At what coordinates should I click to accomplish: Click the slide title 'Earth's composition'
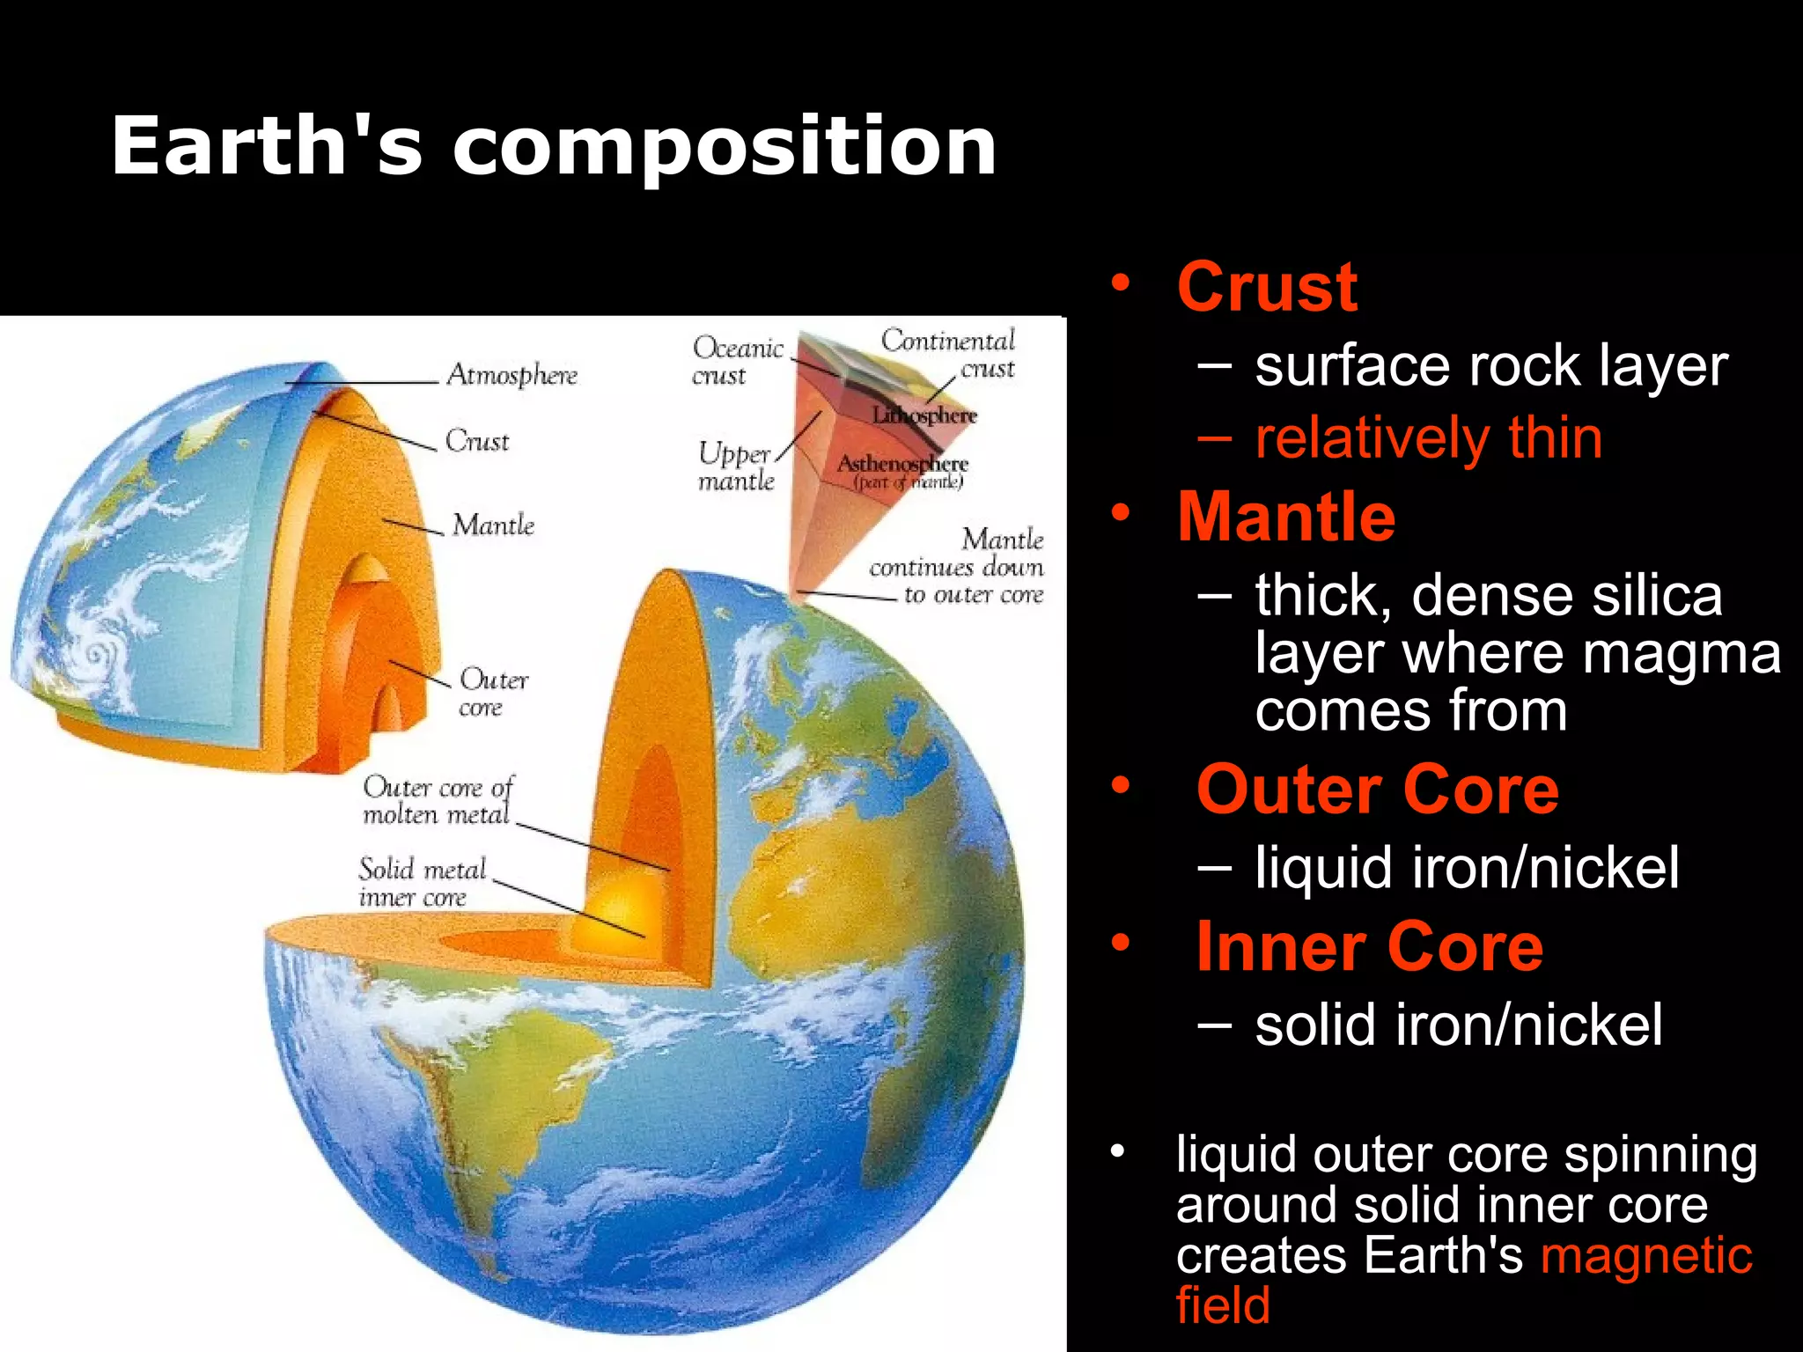click(x=554, y=146)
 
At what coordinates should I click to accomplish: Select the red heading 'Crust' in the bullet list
click(x=1267, y=287)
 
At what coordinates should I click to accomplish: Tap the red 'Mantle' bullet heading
click(x=1286, y=517)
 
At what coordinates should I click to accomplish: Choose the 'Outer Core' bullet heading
click(x=1377, y=790)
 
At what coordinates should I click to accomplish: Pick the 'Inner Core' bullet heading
click(x=1369, y=947)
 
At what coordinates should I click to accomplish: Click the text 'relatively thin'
click(x=1428, y=438)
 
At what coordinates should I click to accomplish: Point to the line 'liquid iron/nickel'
click(x=1467, y=868)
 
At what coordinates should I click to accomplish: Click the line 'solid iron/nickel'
click(x=1459, y=1025)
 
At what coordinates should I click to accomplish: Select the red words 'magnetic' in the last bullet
click(x=1646, y=1255)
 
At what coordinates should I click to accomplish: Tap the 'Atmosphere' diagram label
click(x=511, y=375)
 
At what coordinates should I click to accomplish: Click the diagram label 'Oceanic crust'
click(x=736, y=361)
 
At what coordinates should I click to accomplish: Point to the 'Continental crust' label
click(x=948, y=353)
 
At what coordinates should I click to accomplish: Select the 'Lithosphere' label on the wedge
click(x=924, y=415)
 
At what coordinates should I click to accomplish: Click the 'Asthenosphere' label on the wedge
click(x=902, y=464)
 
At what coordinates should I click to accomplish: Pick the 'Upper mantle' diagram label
click(x=735, y=467)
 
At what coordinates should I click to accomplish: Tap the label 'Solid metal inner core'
click(x=422, y=883)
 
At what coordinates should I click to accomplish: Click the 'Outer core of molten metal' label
click(x=438, y=800)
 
